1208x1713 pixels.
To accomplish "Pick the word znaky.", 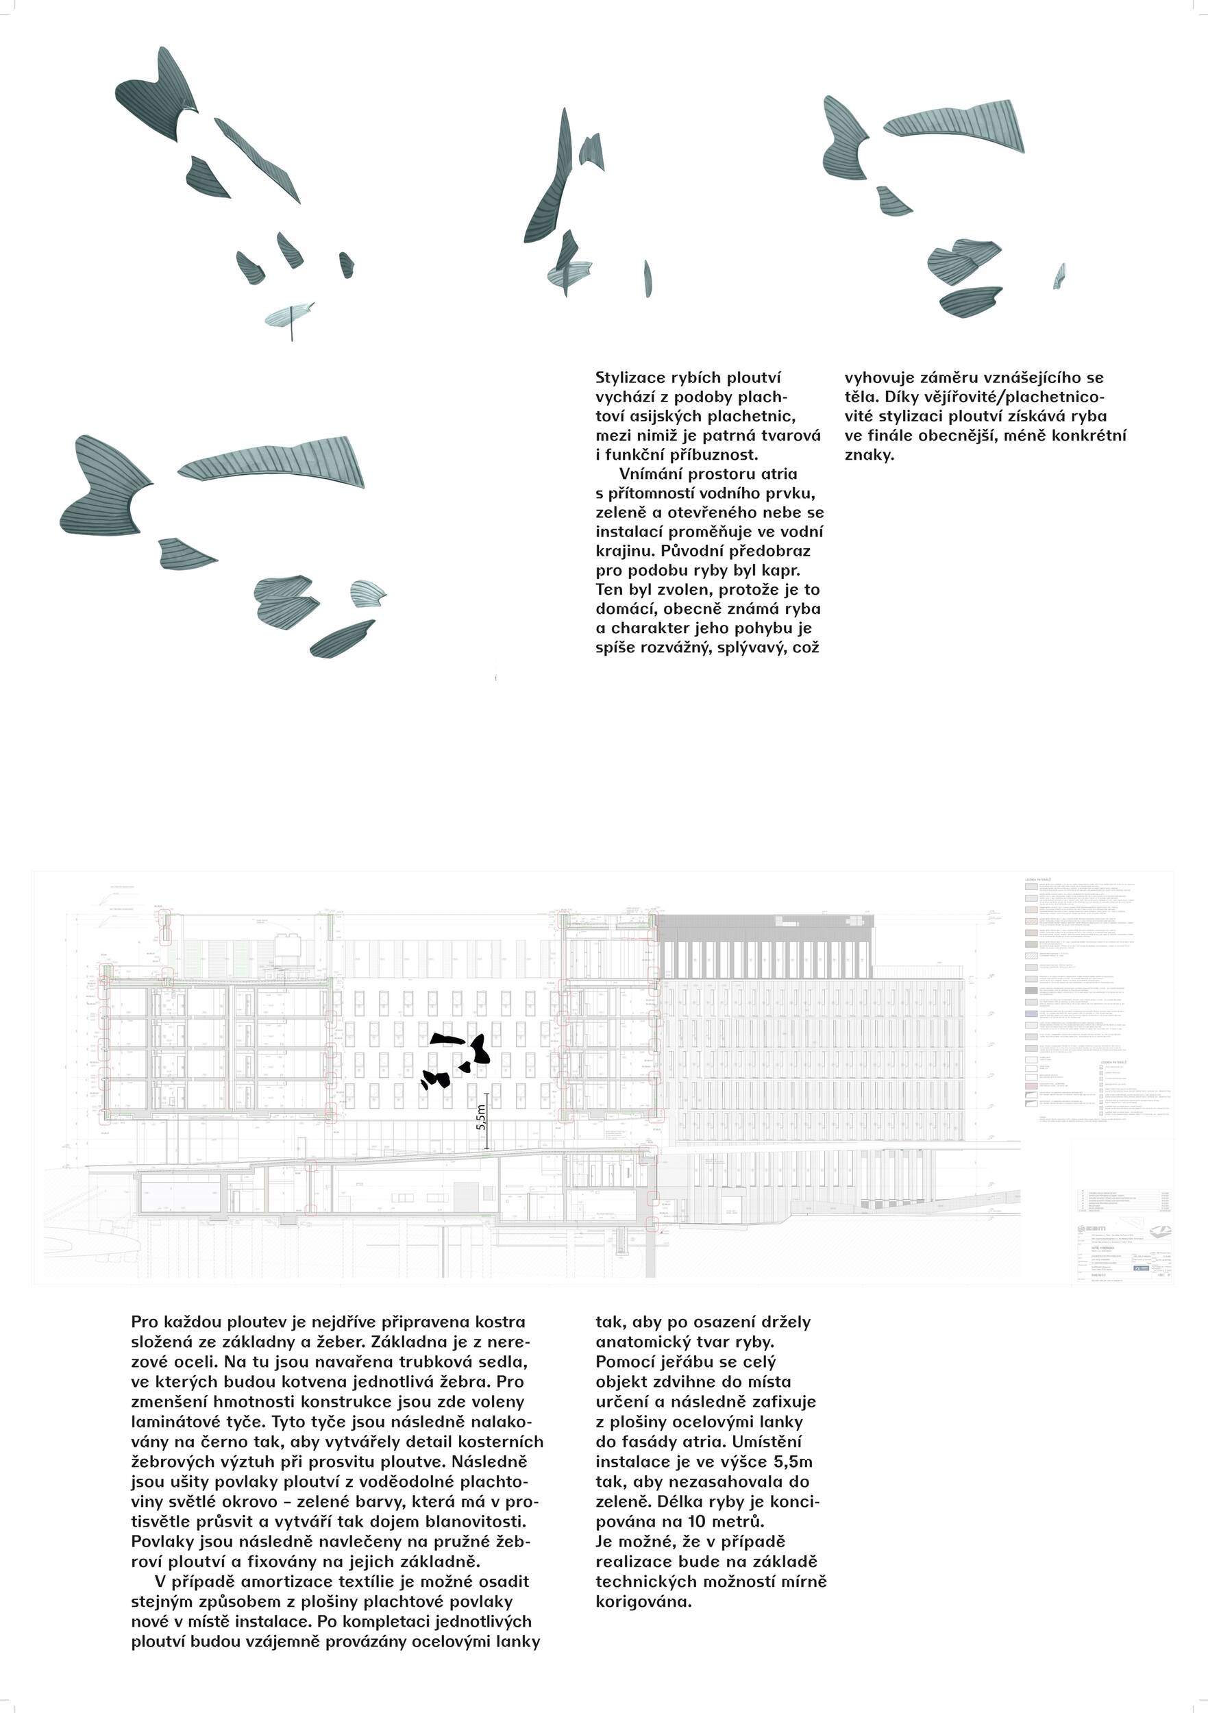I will [870, 455].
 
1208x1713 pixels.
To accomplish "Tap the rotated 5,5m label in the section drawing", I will [481, 1117].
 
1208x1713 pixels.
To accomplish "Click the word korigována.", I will [643, 1601].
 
